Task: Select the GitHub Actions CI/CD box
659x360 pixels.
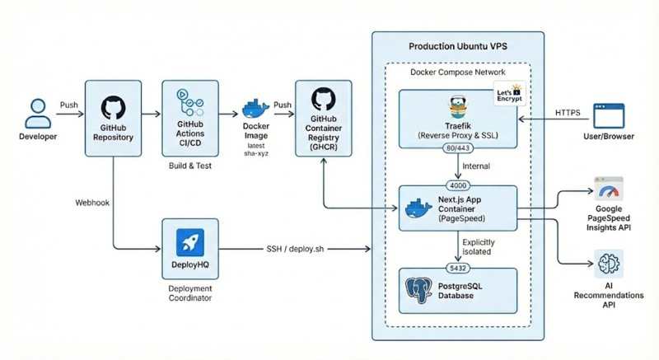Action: click(x=190, y=117)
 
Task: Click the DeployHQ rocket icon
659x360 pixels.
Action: click(x=189, y=242)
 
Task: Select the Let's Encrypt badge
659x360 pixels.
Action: click(x=509, y=96)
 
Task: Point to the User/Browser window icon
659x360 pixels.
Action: click(x=613, y=115)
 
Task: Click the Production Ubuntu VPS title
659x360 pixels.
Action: click(x=457, y=46)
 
